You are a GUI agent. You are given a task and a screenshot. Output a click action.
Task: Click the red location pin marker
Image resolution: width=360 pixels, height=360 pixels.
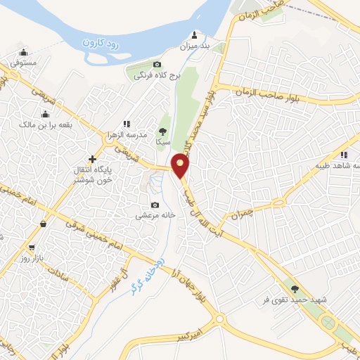point(181,167)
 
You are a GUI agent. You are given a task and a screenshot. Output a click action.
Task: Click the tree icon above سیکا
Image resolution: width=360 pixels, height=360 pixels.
point(162,131)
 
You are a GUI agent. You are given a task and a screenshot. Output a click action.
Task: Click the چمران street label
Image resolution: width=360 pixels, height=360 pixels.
point(260,209)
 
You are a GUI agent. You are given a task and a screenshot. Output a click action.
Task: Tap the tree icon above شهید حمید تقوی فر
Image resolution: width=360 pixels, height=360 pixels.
point(295,288)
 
